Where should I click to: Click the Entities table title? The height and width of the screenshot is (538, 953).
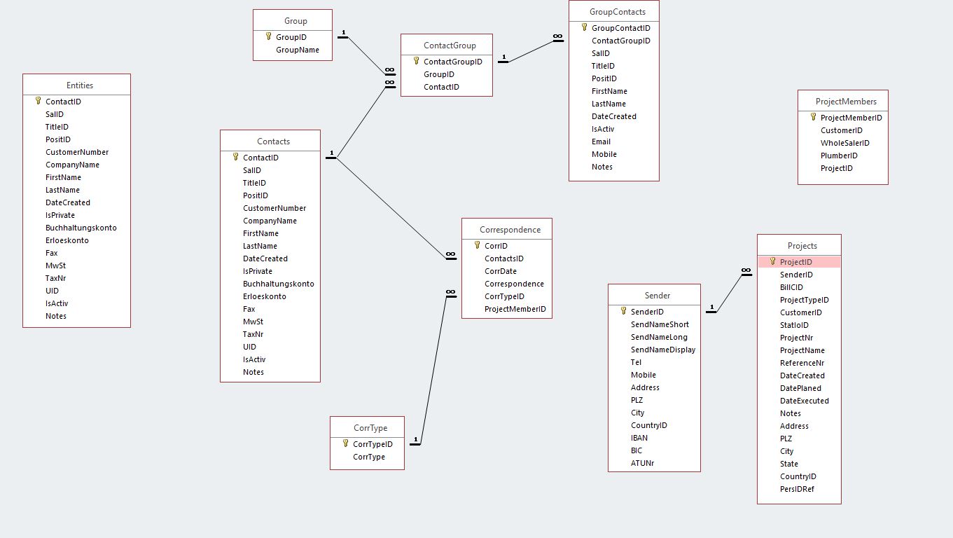pos(80,85)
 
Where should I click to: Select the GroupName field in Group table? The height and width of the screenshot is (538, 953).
pos(297,50)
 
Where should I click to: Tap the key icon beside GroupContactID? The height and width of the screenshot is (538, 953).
pos(584,27)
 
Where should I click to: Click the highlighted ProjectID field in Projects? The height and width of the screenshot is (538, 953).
pos(796,262)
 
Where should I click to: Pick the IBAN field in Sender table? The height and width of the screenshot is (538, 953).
pos(639,438)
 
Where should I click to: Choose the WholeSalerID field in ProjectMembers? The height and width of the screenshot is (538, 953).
pos(844,143)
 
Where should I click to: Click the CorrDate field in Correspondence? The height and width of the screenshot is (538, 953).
pos(500,271)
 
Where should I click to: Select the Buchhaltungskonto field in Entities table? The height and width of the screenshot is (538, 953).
pos(81,228)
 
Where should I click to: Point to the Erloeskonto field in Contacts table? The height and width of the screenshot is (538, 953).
pos(264,296)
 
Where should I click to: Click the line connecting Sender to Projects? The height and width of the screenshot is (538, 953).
pos(728,293)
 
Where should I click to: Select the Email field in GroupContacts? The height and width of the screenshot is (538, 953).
pos(601,142)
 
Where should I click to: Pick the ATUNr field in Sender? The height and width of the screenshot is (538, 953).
pos(642,463)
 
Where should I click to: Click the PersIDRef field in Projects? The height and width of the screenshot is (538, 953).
pos(797,489)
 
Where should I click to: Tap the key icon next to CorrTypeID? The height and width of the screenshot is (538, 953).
pos(345,443)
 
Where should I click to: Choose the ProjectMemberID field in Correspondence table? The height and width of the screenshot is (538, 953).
pos(515,309)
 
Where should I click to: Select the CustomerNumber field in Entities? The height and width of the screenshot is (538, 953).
pos(77,152)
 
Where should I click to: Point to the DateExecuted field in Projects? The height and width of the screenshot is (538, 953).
pos(804,401)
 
